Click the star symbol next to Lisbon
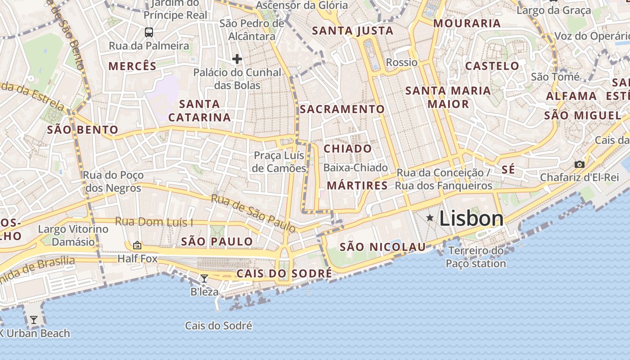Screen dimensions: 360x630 pos(430,218)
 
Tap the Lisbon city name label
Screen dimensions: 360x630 pos(471,219)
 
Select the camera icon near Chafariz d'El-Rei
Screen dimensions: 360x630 pos(580,164)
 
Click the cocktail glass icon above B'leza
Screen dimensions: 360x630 pos(204,279)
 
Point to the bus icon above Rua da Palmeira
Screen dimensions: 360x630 pos(148,32)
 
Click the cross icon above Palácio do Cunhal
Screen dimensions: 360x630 pos(237,59)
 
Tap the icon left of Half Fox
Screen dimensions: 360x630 pos(137,245)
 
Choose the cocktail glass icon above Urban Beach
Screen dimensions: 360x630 pos(34,320)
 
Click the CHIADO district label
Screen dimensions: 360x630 pos(348,148)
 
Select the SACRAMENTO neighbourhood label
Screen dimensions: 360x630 pos(342,109)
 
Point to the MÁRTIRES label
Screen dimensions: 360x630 pos(357,185)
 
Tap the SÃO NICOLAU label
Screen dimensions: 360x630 pos(382,247)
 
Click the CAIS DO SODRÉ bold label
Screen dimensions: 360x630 pos(284,274)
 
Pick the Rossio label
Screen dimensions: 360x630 pos(402,62)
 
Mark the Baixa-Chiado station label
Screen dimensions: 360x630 pos(355,168)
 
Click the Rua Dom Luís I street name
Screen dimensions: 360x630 pos(154,222)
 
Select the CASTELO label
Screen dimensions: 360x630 pos(492,66)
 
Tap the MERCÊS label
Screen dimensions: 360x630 pos(132,66)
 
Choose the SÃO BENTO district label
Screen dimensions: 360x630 pos(83,130)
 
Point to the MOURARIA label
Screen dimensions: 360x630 pos(467,23)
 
